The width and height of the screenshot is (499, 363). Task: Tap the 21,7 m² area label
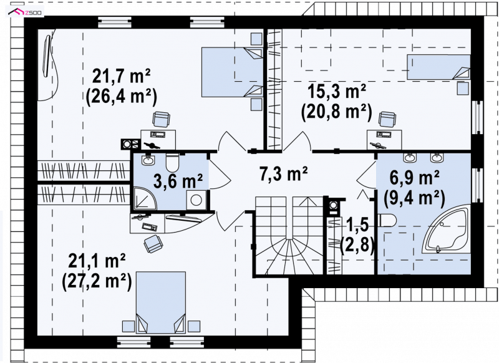121,76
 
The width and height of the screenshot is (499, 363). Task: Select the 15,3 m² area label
337,92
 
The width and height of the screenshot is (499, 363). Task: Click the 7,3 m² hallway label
284,174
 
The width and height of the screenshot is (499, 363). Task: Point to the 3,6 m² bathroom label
178,181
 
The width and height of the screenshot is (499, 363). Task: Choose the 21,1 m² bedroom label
97,261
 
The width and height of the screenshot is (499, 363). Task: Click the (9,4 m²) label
414,198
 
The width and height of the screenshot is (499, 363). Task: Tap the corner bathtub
446,229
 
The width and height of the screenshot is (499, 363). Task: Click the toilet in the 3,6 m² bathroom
173,162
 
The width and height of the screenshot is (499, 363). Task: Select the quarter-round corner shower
145,199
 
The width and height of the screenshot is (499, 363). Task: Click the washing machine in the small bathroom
196,200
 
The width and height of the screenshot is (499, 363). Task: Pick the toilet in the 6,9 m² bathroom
387,220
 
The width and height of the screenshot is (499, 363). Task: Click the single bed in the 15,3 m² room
438,67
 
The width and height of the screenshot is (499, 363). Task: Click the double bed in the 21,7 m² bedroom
232,72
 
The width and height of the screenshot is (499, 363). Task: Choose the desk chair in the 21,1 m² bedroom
154,244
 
